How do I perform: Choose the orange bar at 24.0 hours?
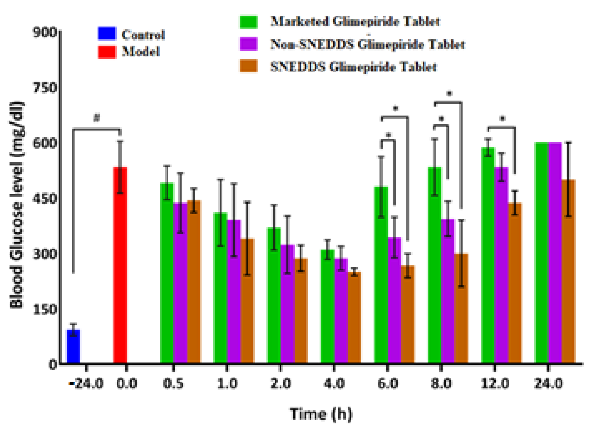(568, 271)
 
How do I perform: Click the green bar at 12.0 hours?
(488, 255)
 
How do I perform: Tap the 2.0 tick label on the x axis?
(281, 384)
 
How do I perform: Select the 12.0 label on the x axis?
(495, 384)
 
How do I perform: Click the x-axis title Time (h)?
(321, 414)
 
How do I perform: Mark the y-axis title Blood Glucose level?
(17, 205)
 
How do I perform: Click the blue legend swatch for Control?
(107, 33)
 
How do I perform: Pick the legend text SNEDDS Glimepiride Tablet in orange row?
(353, 67)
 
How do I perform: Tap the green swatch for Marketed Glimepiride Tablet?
(249, 22)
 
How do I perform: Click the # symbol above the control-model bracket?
(97, 118)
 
